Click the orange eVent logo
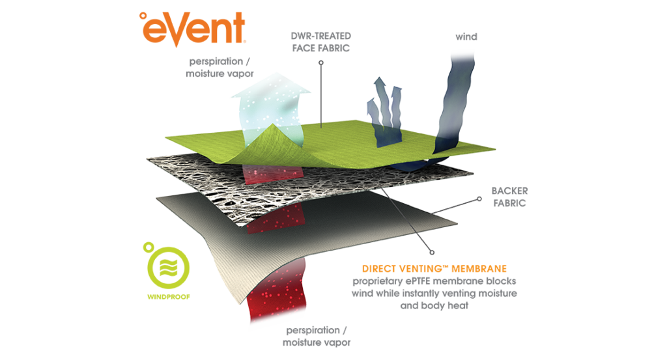click(193, 28)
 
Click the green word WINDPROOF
click(169, 297)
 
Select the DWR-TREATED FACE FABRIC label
click(320, 42)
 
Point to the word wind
click(466, 37)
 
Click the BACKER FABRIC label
click(509, 197)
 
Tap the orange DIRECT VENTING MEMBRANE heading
click(434, 269)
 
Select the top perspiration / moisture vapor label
click(220, 67)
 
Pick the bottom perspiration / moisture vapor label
click(317, 336)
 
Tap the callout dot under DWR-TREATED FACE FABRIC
click(321, 62)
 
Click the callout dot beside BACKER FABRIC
click(479, 199)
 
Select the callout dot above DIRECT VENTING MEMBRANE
click(432, 253)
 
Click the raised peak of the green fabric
click(273, 126)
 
